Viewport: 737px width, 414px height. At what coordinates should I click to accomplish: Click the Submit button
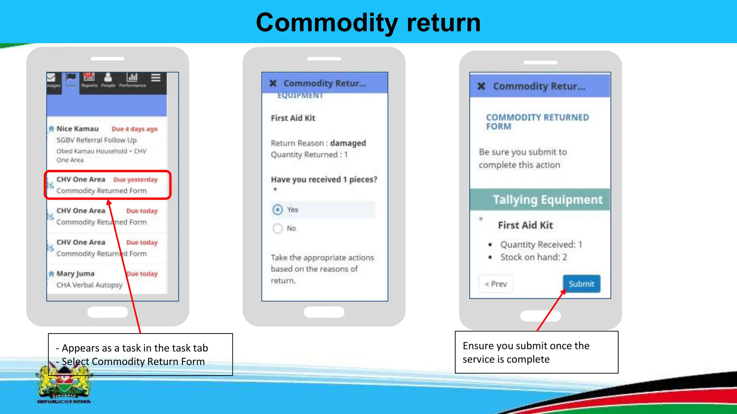(x=581, y=284)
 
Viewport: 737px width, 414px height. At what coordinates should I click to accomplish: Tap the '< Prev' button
(x=496, y=284)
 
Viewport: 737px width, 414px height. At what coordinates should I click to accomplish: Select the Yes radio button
(x=277, y=210)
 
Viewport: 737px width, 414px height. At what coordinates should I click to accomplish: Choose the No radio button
(x=277, y=228)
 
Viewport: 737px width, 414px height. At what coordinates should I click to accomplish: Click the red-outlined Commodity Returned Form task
(x=107, y=185)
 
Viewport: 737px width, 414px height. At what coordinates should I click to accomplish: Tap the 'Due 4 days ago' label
(x=135, y=129)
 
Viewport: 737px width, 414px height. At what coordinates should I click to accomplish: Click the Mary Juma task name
(x=76, y=274)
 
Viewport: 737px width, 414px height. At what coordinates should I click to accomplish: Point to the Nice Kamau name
(x=77, y=129)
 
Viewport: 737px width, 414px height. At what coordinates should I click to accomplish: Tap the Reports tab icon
(x=89, y=78)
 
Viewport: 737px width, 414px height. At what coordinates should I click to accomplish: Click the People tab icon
(x=108, y=78)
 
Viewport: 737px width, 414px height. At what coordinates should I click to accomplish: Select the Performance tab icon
(x=132, y=78)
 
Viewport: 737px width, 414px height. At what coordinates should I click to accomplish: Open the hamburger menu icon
(x=156, y=78)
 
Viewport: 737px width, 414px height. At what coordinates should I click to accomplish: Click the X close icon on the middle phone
(x=273, y=83)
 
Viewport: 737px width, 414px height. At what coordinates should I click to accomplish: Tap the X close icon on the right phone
(x=481, y=86)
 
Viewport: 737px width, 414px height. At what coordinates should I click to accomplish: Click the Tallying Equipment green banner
(x=540, y=199)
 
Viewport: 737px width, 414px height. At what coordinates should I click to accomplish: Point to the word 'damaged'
(x=348, y=143)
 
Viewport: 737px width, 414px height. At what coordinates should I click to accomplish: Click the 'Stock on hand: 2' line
(x=533, y=257)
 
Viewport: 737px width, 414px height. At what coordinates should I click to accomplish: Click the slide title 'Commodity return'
(x=368, y=22)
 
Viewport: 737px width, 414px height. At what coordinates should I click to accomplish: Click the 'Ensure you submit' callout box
(x=536, y=352)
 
